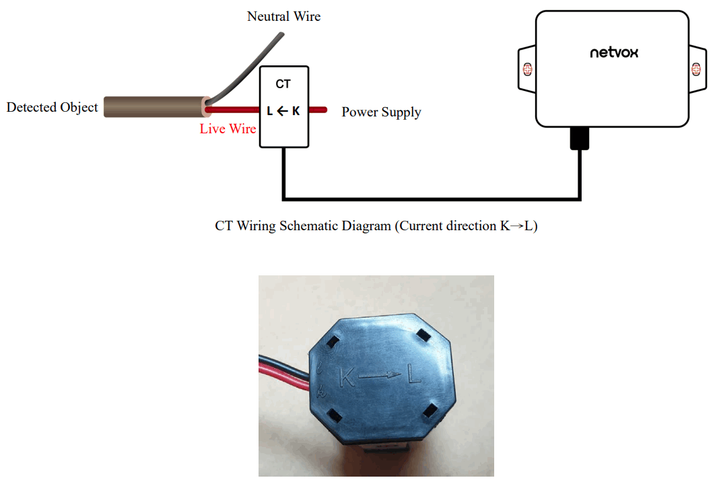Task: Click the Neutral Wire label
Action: [x=283, y=16]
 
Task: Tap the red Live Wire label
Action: [x=228, y=129]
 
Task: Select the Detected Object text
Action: [x=52, y=107]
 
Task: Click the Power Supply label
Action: [x=381, y=112]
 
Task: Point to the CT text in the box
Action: [x=283, y=84]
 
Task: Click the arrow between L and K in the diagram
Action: [x=283, y=111]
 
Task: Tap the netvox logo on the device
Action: [x=613, y=52]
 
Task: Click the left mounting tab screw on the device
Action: [x=527, y=69]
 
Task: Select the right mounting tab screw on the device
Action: [x=697, y=69]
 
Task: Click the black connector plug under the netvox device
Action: [x=579, y=138]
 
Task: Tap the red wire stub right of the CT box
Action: [x=318, y=109]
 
